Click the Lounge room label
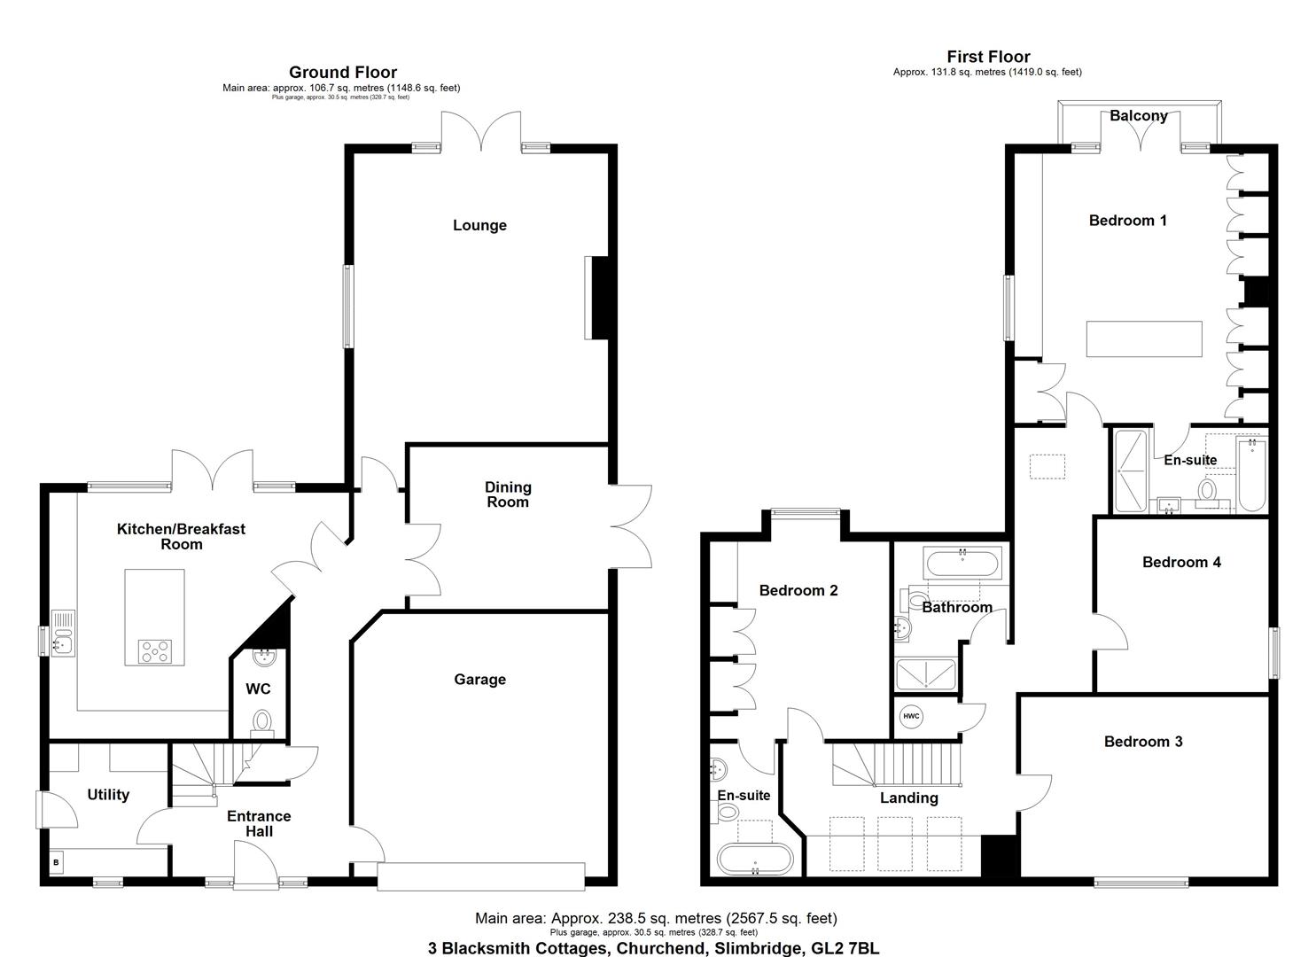(x=479, y=225)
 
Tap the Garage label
(x=479, y=680)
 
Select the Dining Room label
(x=508, y=494)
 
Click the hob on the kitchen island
(x=155, y=651)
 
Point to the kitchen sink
(x=64, y=633)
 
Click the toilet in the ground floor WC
(x=262, y=722)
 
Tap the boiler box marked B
(x=56, y=861)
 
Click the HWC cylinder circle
(x=911, y=716)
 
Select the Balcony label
(x=1138, y=116)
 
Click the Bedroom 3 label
(x=1142, y=742)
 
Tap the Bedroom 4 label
(x=1181, y=562)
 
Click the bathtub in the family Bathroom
(x=962, y=563)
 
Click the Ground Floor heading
(x=342, y=73)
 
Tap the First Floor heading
(x=988, y=57)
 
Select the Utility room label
(x=108, y=795)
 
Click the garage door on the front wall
(x=480, y=876)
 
